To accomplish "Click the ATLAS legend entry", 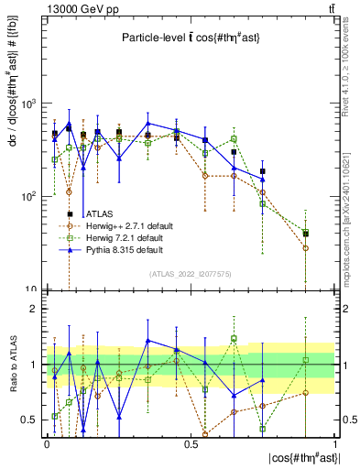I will [x=98, y=213].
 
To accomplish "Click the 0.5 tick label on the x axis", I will [x=191, y=443].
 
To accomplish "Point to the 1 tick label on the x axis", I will [x=333, y=443].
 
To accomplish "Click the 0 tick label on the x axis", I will [x=47, y=443].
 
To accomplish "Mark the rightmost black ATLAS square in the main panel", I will [x=306, y=234].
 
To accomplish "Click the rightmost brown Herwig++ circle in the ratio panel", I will [x=306, y=392].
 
